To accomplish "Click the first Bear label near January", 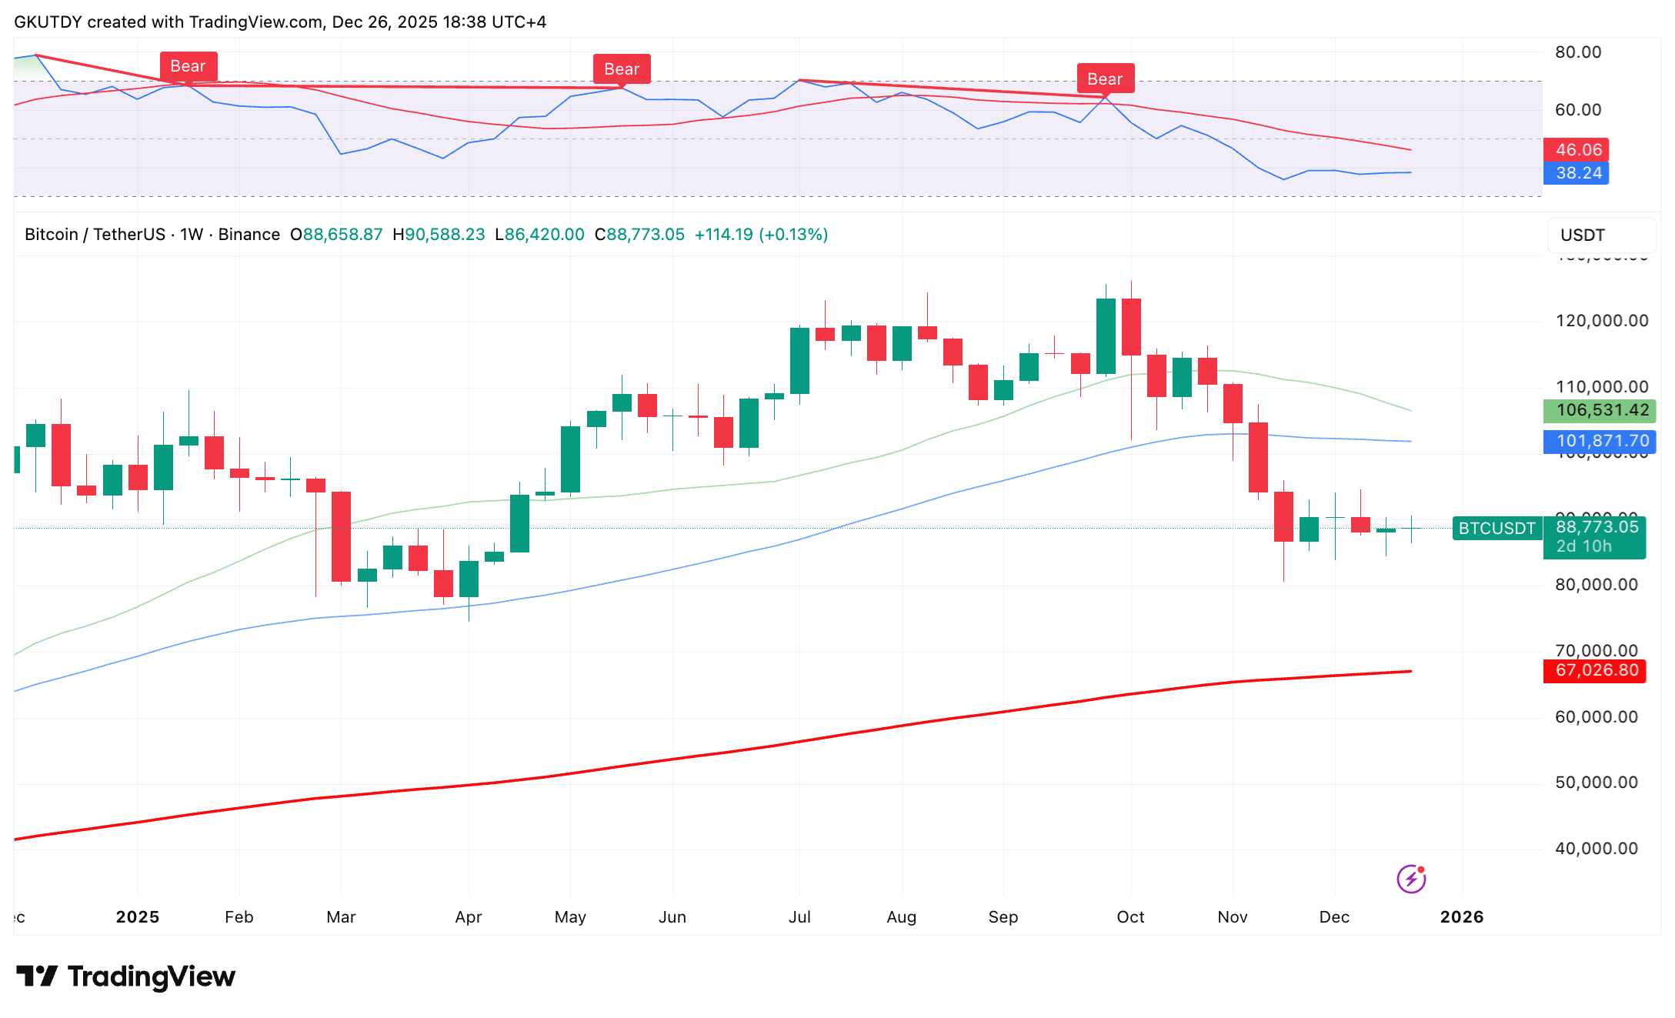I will [189, 66].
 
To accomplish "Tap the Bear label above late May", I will [622, 69].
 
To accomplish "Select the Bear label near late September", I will [1105, 79].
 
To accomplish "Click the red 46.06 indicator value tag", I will [1578, 150].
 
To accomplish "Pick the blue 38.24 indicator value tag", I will [1578, 173].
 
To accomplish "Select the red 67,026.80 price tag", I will [1597, 670].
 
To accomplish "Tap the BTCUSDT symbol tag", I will [1496, 529].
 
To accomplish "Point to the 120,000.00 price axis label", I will [1602, 321].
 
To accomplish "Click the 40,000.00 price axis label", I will [1597, 849].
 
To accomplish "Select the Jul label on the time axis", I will [799, 917].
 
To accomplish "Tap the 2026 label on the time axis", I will [1461, 917].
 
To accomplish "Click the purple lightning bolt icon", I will [1411, 879].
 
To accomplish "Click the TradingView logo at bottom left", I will [126, 976].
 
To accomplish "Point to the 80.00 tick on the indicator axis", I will [1578, 52].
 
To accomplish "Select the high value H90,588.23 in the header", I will [439, 235].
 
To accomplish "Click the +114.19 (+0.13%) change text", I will [761, 235].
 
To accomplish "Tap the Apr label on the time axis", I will [469, 917].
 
